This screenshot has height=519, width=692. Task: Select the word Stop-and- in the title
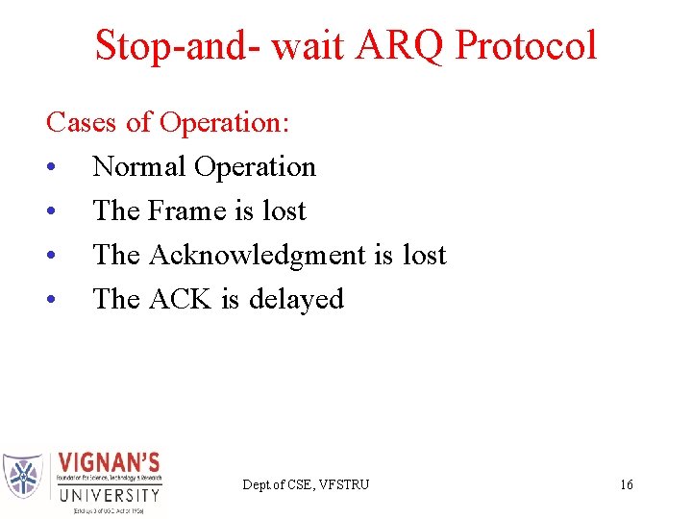(179, 46)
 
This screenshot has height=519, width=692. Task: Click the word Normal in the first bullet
(139, 167)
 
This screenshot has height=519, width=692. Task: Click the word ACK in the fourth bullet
(181, 300)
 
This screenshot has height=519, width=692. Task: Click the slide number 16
(626, 484)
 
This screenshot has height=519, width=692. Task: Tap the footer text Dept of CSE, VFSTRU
(305, 484)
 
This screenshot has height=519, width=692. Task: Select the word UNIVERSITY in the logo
(109, 496)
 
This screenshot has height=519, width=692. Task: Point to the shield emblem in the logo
(23, 475)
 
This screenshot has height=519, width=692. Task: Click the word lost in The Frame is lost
(284, 211)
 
